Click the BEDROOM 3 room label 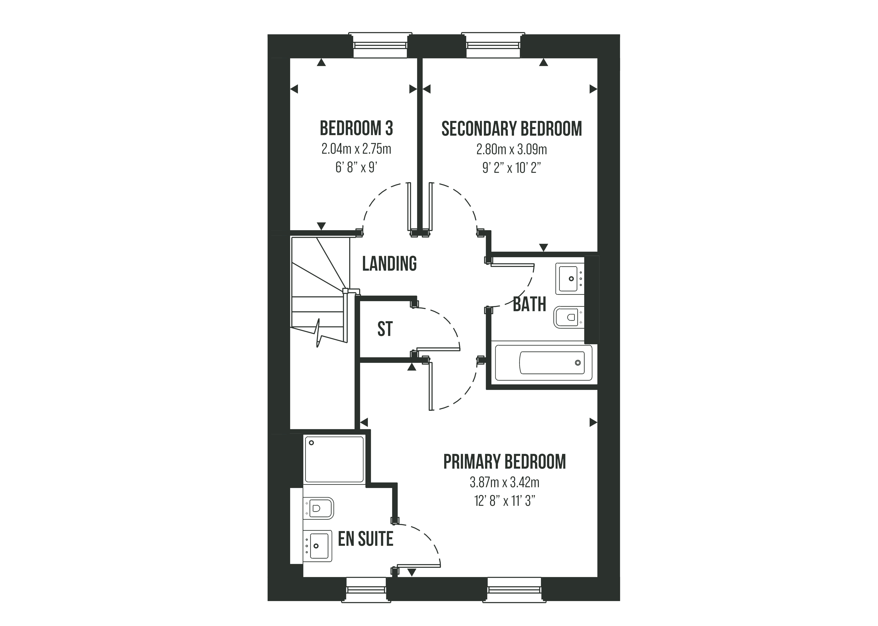356,128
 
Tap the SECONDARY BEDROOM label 511,129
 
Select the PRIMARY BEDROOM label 504,462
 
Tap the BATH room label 529,305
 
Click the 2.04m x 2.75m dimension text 356,149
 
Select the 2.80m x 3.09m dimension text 511,149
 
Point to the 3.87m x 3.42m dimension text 504,482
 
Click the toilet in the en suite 318,508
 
